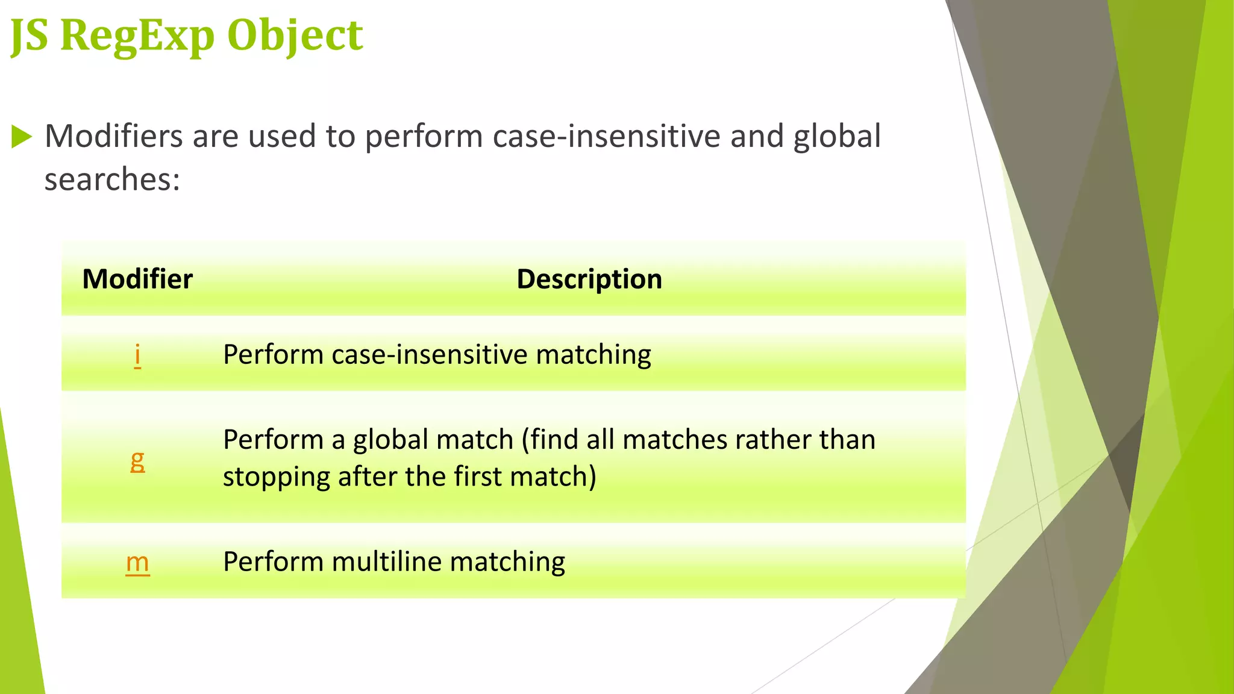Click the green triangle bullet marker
pyautogui.click(x=21, y=137)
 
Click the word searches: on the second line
pyautogui.click(x=112, y=180)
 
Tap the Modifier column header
pyautogui.click(x=137, y=279)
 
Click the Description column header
pyautogui.click(x=589, y=279)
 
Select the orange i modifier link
pyautogui.click(x=137, y=355)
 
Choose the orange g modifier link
pyautogui.click(x=137, y=460)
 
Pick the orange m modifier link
pyautogui.click(x=137, y=562)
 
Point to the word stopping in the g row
pyautogui.click(x=276, y=477)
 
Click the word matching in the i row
pyautogui.click(x=593, y=354)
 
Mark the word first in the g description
pyautogui.click(x=478, y=477)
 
